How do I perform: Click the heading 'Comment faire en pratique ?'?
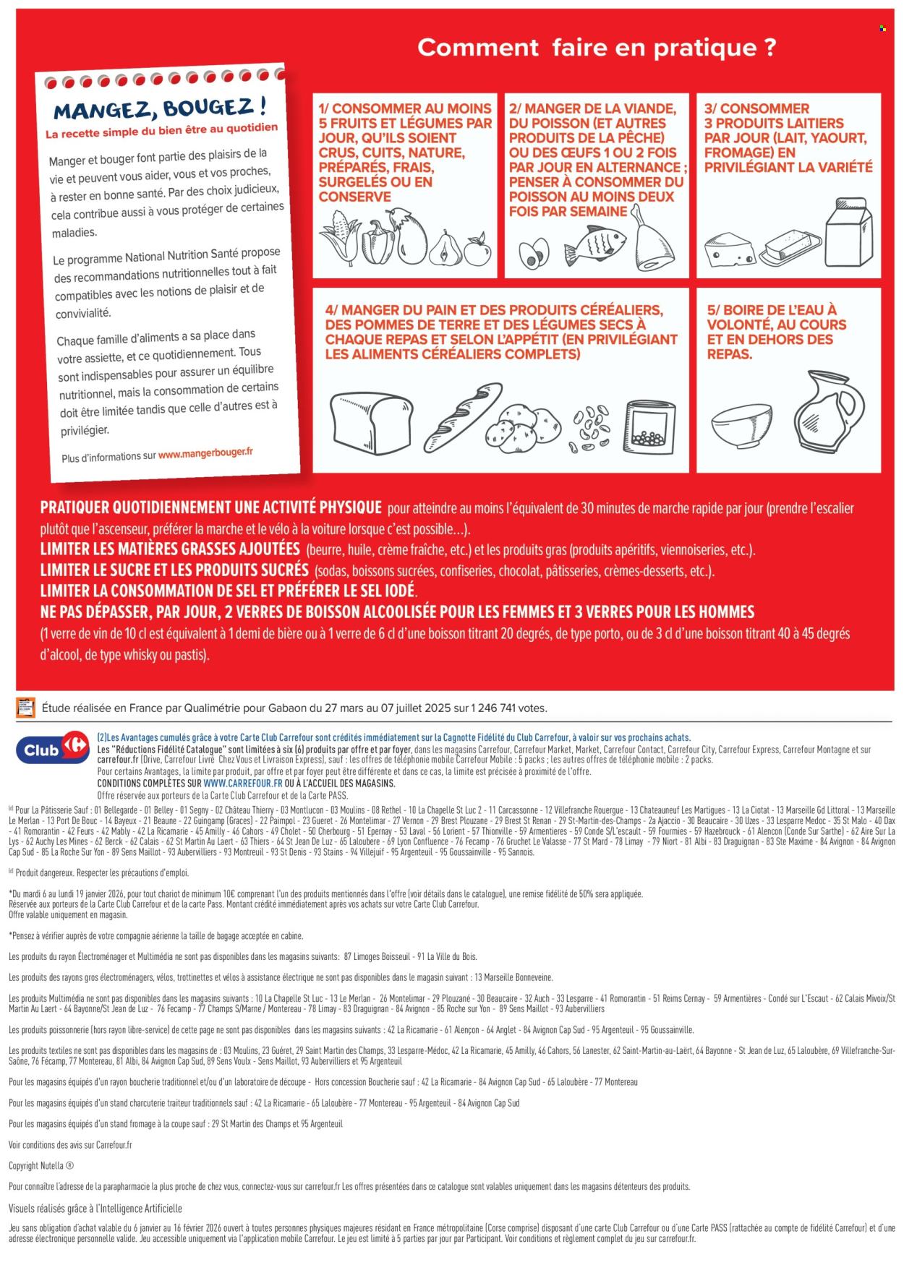click(x=597, y=48)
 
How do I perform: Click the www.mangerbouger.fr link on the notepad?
click(x=205, y=453)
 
